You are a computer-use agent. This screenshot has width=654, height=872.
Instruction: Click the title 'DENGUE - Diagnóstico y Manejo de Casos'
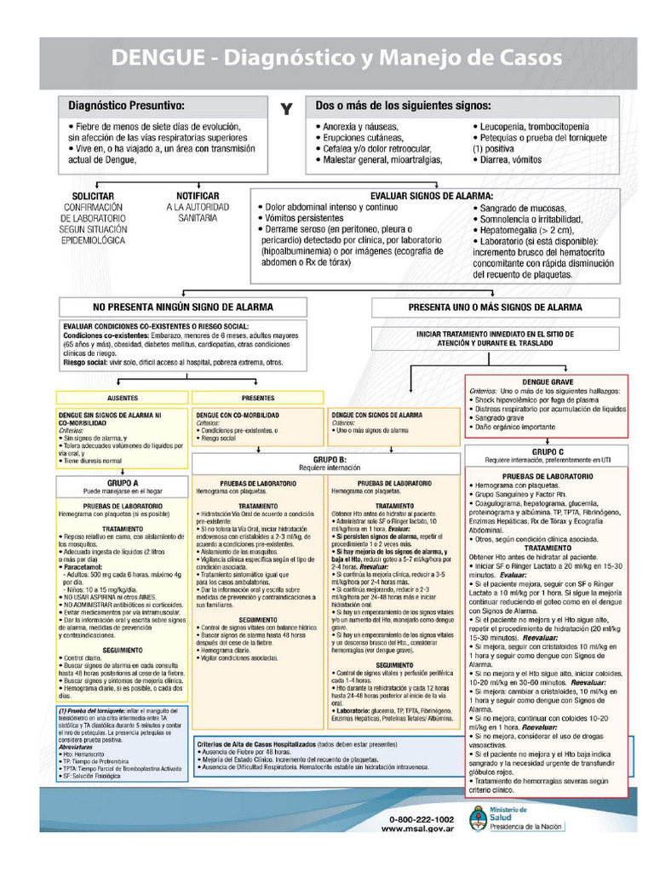(x=337, y=58)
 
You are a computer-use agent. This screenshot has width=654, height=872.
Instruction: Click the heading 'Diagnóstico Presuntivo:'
(x=126, y=106)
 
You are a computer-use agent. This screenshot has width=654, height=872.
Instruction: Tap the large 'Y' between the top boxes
(x=286, y=108)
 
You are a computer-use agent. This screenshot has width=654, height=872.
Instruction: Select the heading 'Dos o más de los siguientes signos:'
(x=403, y=106)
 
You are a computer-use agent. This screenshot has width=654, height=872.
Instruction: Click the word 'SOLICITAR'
(x=93, y=196)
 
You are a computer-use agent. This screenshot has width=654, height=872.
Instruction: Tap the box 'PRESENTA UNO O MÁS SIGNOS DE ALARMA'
(x=495, y=307)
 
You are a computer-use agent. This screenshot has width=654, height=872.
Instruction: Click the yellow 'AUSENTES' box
(x=123, y=398)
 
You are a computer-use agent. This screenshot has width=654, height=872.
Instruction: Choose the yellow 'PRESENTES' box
(x=258, y=398)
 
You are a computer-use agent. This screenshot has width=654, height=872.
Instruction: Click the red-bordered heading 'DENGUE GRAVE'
(x=548, y=382)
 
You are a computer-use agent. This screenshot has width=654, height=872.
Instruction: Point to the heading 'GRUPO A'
(x=123, y=482)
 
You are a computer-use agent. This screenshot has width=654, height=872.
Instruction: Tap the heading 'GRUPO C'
(x=548, y=451)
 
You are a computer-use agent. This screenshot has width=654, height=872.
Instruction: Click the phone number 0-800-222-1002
(x=421, y=819)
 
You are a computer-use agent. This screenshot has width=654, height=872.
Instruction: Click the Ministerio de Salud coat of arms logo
(x=478, y=819)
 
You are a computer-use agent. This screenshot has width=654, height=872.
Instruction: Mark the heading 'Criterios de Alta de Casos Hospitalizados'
(x=255, y=743)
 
